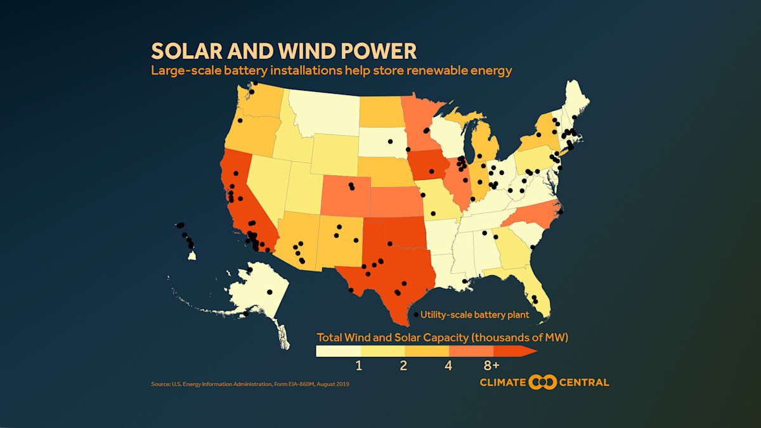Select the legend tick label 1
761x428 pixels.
click(359, 366)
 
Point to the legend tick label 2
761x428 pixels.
click(403, 366)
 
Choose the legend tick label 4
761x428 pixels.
click(448, 366)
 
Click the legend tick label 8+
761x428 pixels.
click(491, 366)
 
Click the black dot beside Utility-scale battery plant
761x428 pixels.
click(416, 315)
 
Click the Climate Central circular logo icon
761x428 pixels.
click(542, 382)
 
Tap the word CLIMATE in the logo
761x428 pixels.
click(503, 382)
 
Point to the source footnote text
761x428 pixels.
click(250, 384)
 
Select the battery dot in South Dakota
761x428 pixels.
click(391, 141)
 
